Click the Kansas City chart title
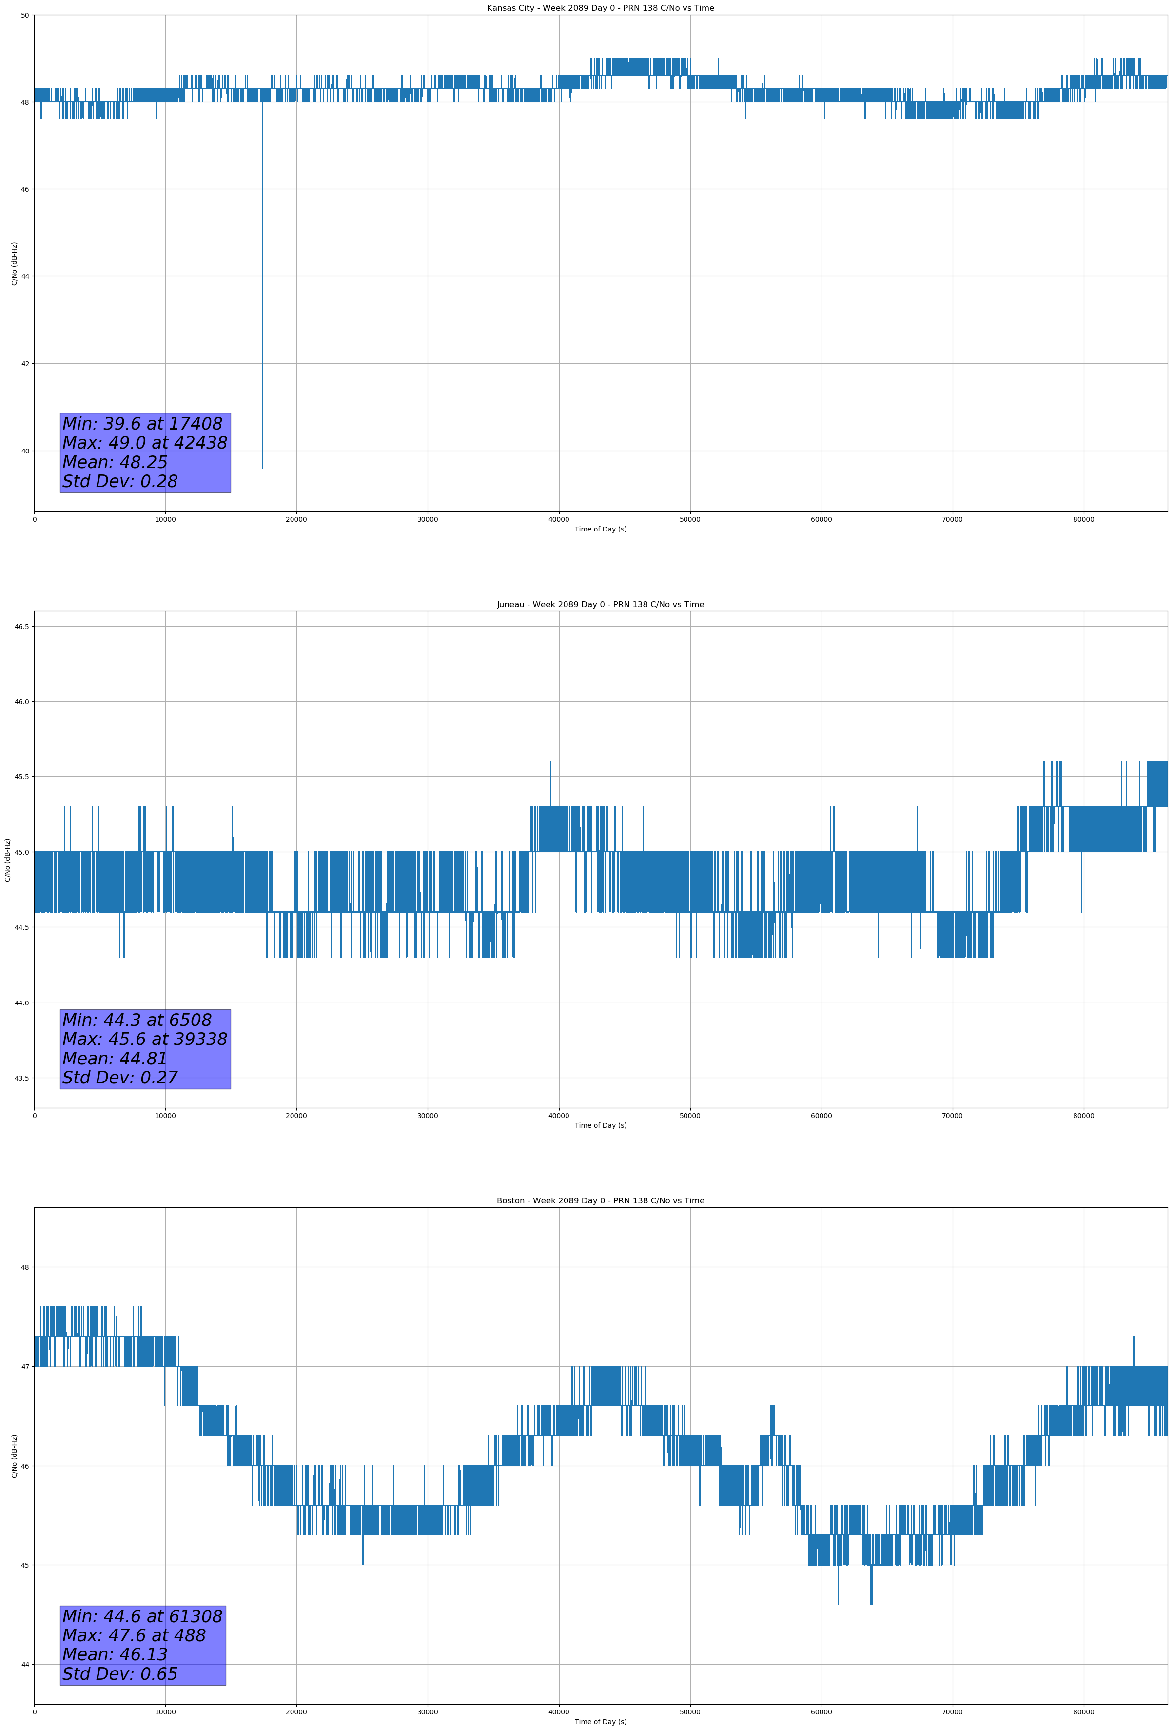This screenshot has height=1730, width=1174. click(600, 8)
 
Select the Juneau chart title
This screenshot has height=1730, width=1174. click(600, 605)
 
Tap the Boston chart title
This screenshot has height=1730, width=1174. click(600, 1201)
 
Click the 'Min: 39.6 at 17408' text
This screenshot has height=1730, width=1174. click(142, 424)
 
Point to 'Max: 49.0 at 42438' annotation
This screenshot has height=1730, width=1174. click(144, 443)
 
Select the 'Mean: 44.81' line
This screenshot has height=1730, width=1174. click(115, 1059)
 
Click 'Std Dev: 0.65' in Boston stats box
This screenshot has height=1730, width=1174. click(120, 1674)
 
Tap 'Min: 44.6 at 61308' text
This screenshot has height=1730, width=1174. click(142, 1616)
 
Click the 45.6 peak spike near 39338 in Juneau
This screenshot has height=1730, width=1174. click(550, 762)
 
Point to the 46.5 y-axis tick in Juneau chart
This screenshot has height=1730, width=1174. click(21, 627)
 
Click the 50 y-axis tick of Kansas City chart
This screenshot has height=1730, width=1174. click(24, 15)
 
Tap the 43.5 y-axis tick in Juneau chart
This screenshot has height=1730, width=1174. click(21, 1078)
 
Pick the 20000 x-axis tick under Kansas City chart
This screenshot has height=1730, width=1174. click(296, 520)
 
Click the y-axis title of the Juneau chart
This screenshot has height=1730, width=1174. click(7, 860)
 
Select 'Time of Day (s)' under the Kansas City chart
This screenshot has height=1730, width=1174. click(600, 529)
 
